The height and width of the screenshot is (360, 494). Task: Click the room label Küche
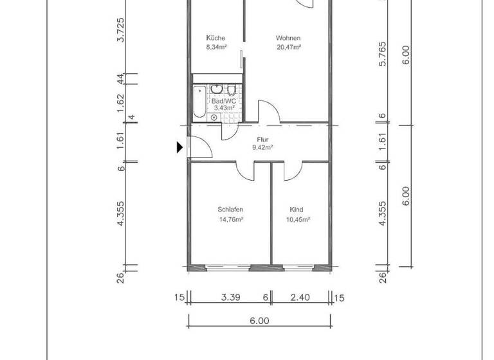215,37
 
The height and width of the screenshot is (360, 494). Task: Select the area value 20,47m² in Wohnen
289,47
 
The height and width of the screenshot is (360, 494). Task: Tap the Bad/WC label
223,100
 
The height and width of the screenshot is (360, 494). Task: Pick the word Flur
262,139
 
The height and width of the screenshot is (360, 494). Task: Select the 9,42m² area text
262,147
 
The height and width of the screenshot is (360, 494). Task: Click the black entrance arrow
180,148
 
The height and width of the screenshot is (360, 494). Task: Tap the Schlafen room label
230,210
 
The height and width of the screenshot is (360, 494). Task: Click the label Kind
297,210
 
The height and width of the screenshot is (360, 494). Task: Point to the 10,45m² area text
297,219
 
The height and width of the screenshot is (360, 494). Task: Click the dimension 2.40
300,297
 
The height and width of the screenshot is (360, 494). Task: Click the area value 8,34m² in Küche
215,47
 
